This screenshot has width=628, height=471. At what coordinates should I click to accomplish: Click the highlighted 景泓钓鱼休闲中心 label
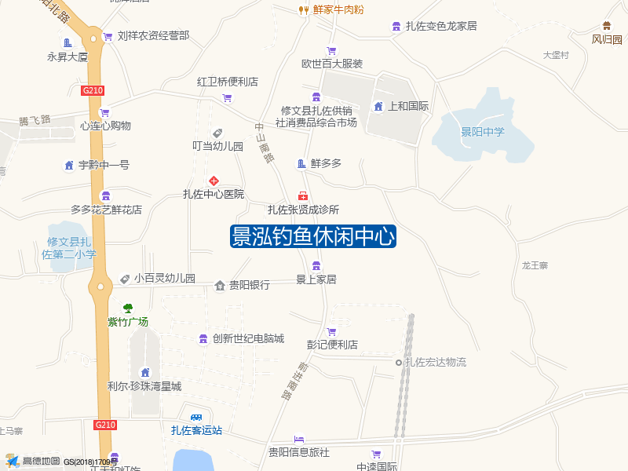click(313, 236)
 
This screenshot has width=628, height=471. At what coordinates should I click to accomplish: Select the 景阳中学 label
click(483, 132)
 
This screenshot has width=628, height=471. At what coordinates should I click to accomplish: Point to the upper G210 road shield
click(93, 90)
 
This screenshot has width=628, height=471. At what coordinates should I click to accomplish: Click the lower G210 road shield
click(105, 425)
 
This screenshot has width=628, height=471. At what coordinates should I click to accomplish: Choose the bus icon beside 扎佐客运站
click(195, 418)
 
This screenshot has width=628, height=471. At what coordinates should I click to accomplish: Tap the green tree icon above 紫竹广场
click(128, 308)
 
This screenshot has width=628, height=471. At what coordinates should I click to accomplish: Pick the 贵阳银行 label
click(250, 285)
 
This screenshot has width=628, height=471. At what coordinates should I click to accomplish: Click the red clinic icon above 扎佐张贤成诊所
click(302, 196)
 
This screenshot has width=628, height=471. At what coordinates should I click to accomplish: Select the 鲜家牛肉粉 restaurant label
click(338, 9)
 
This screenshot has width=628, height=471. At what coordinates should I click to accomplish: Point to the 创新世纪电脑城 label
click(247, 338)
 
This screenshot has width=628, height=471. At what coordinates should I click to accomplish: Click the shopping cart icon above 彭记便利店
click(331, 331)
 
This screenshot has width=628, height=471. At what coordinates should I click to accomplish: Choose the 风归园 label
click(607, 39)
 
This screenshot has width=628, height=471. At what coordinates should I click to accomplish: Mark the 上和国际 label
click(408, 106)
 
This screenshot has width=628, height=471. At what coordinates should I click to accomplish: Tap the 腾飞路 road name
click(35, 120)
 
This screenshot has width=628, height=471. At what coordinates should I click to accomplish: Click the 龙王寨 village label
click(535, 266)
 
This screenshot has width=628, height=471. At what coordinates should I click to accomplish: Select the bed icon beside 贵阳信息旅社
click(298, 439)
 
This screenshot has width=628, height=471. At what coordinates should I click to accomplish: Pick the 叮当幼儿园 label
click(218, 146)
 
